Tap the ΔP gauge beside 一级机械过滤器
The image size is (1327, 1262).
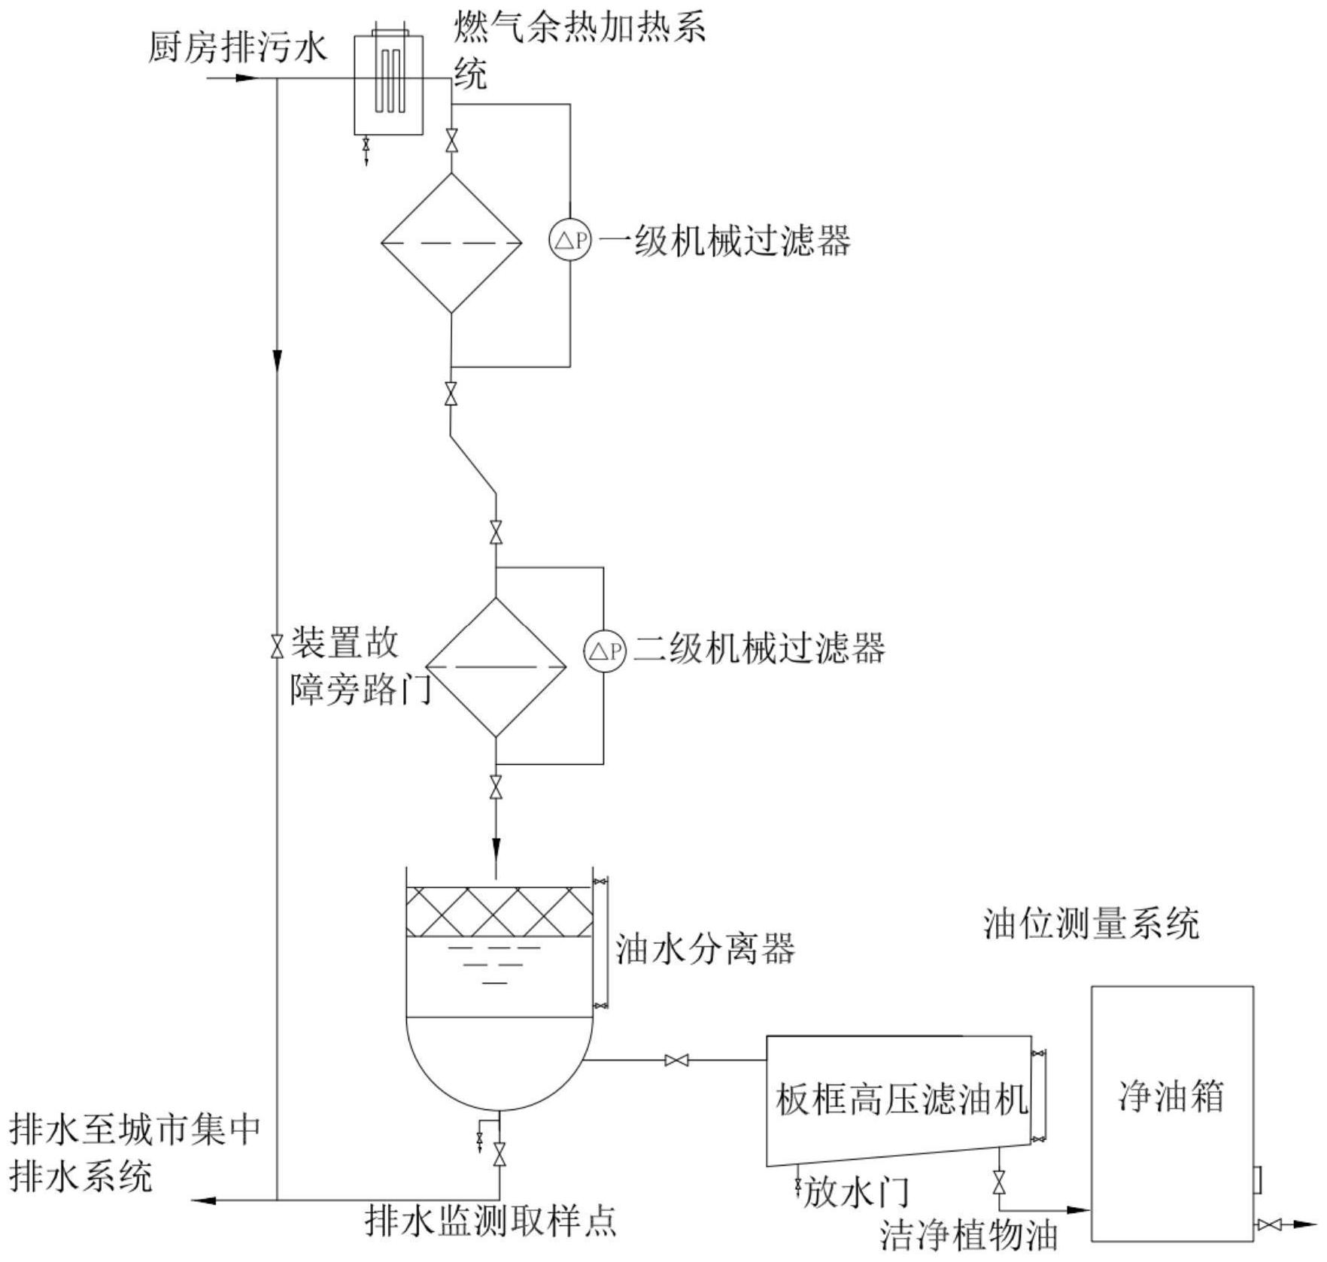(x=569, y=241)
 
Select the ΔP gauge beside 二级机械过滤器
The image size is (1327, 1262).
(x=605, y=651)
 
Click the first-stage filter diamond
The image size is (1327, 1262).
(x=451, y=243)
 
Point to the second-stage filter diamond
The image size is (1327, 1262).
(x=496, y=667)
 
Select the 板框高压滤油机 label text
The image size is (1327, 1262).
(x=901, y=1100)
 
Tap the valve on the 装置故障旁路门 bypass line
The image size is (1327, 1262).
(x=277, y=645)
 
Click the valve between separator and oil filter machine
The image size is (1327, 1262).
(x=676, y=1060)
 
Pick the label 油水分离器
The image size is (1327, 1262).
(x=705, y=950)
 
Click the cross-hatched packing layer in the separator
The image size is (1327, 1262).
(x=499, y=912)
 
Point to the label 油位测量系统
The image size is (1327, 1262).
(x=1091, y=924)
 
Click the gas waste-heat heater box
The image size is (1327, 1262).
(x=388, y=84)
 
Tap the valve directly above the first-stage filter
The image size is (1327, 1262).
(x=451, y=141)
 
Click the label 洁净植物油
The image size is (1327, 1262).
(x=969, y=1236)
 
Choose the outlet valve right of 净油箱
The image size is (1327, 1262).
(x=1268, y=1225)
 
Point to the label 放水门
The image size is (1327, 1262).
(x=856, y=1193)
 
